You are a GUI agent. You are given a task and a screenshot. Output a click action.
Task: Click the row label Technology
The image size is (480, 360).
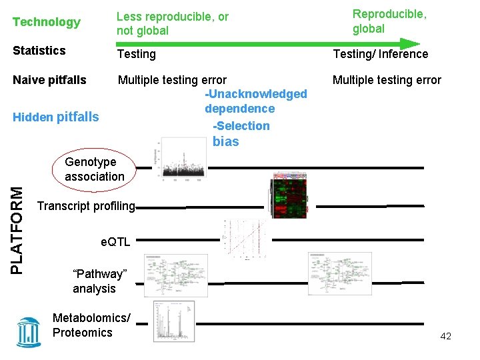[47, 22]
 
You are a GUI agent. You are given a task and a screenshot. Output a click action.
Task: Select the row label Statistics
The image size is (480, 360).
[39, 51]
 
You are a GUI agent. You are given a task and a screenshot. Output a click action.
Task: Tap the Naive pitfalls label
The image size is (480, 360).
[50, 80]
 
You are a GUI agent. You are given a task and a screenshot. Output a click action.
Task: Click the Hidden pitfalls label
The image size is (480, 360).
[56, 117]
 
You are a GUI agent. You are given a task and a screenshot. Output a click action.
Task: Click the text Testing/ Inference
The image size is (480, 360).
[381, 54]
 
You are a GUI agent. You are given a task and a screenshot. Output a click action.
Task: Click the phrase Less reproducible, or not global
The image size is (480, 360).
[172, 24]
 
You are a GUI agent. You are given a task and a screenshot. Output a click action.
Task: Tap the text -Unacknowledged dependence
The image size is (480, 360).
[255, 101]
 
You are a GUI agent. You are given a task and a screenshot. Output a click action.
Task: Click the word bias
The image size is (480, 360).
[225, 141]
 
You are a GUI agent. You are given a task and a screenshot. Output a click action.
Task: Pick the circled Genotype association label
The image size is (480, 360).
[94, 169]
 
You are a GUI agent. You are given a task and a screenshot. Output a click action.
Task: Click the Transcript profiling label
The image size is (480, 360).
[86, 206]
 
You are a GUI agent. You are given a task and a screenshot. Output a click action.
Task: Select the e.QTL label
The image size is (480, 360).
[115, 242]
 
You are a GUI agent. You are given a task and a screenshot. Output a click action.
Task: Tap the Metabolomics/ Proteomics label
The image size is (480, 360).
[91, 325]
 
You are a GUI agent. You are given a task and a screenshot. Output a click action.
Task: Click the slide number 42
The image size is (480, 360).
[445, 337]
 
